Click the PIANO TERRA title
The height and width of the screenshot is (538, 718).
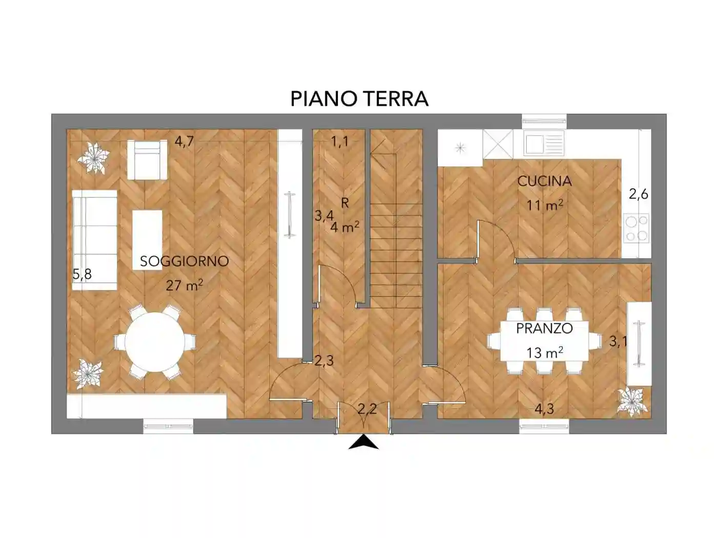click(x=359, y=98)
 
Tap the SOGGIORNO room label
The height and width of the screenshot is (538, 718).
click(x=184, y=261)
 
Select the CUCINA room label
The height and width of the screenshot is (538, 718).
click(x=544, y=181)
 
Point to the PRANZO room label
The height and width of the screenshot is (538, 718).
click(x=544, y=328)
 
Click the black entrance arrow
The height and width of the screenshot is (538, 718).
click(x=363, y=443)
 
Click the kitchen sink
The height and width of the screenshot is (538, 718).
click(x=533, y=142)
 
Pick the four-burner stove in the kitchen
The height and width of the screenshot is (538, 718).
click(x=636, y=228)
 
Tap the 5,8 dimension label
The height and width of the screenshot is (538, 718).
click(x=82, y=275)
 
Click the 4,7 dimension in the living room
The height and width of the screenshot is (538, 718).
click(x=184, y=141)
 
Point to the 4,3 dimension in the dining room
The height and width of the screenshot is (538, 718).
click(x=544, y=409)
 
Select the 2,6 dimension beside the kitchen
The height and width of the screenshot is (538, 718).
click(x=639, y=194)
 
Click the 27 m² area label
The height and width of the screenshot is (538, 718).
click(x=184, y=285)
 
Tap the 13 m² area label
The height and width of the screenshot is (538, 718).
click(x=544, y=352)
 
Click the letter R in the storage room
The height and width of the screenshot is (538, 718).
click(x=345, y=203)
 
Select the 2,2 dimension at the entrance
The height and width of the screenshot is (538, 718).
click(x=367, y=409)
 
